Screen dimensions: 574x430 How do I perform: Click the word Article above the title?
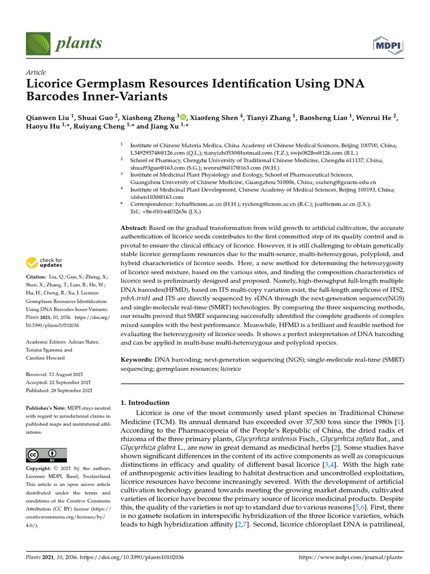36,72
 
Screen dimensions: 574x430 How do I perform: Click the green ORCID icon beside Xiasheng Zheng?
183,117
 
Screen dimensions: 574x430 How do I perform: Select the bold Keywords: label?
137,359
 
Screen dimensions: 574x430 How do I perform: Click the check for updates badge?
45,262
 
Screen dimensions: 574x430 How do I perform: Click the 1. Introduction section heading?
145,402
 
